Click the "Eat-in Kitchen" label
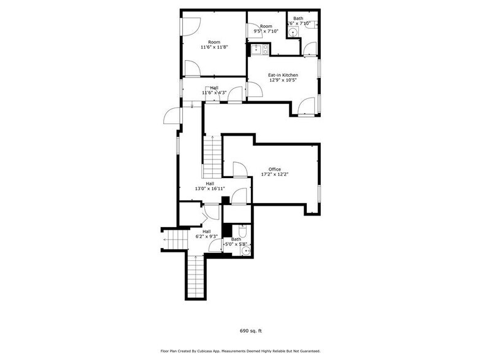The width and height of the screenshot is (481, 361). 283,76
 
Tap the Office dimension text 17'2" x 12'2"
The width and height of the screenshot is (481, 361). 274,175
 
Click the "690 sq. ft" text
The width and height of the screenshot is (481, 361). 250,331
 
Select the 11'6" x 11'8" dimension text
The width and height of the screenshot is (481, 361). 214,47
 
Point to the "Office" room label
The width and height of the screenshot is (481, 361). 274,169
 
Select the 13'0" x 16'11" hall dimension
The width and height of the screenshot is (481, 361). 210,188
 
